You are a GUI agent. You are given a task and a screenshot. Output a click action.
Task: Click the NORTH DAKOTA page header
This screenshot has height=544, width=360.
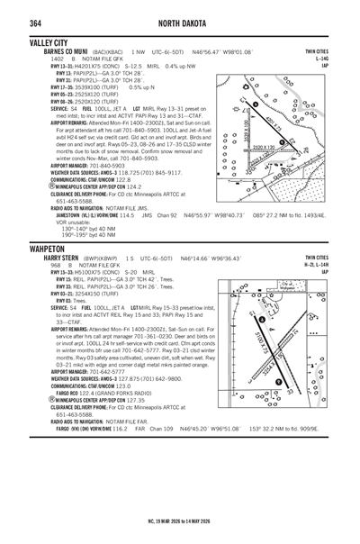(x=181, y=22)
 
